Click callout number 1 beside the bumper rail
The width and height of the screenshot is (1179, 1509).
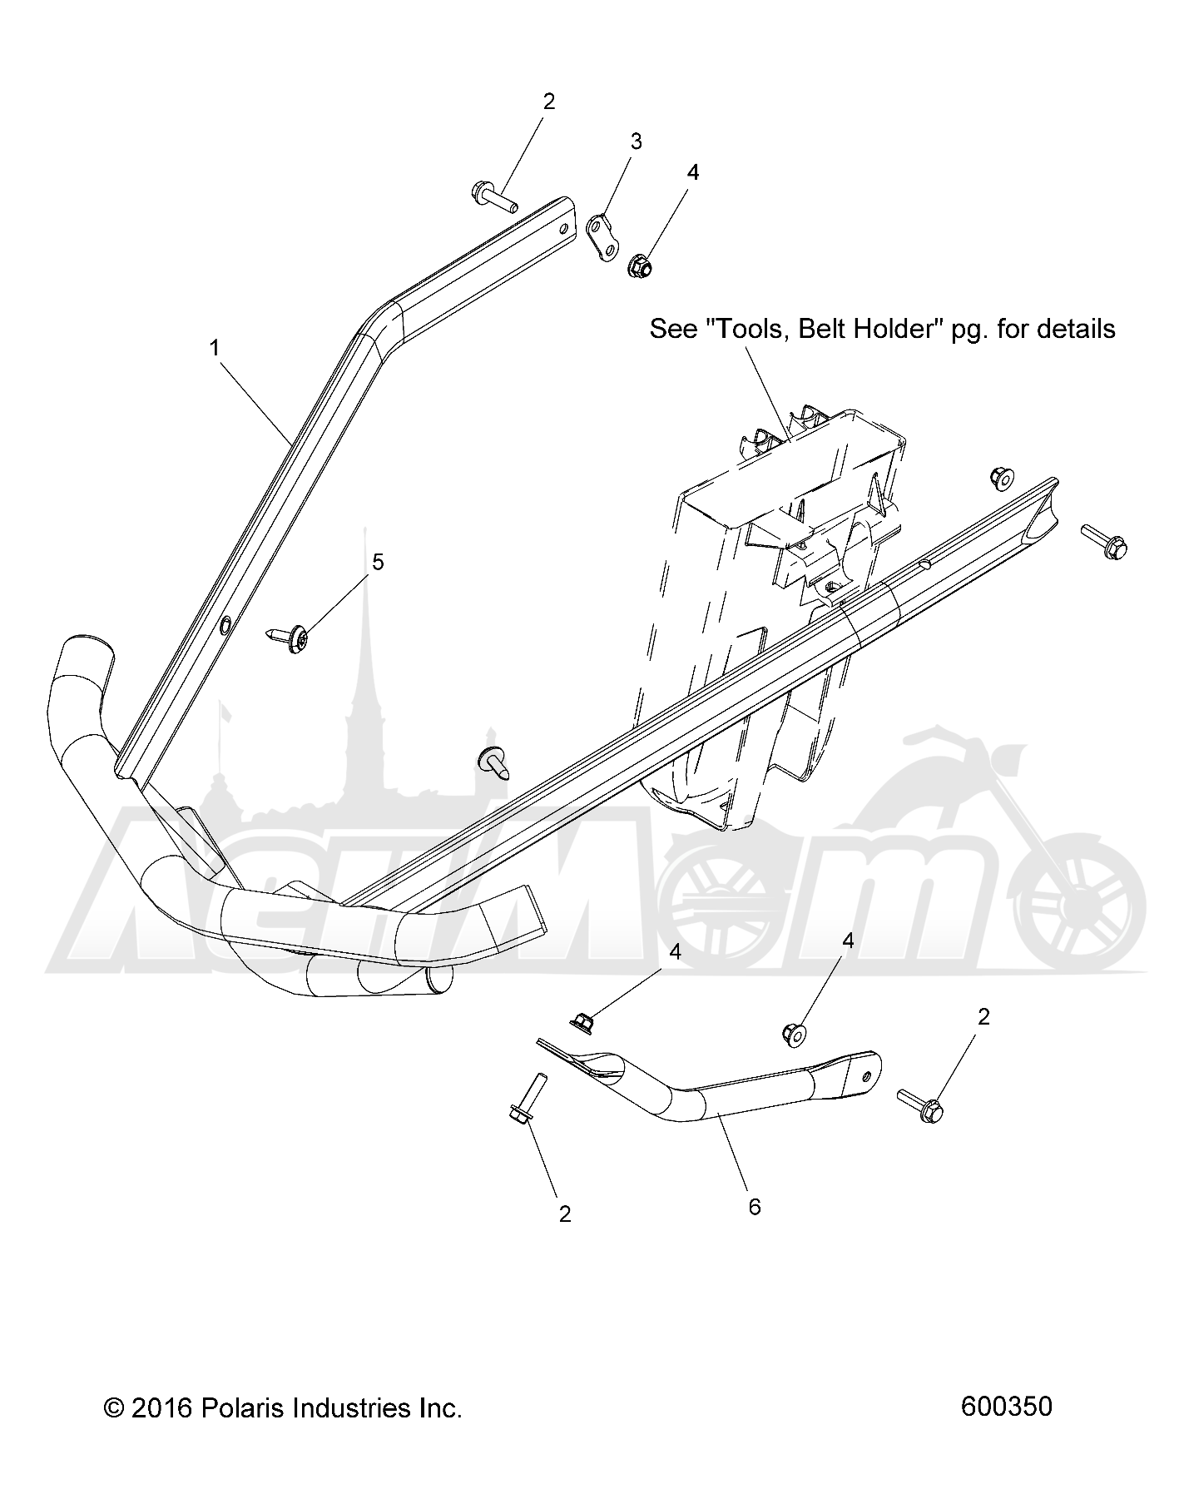[x=215, y=349]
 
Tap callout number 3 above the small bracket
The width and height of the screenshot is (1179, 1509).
[x=636, y=141]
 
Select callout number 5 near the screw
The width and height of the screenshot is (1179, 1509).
[x=378, y=563]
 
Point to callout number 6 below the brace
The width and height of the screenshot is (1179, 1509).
[x=755, y=1207]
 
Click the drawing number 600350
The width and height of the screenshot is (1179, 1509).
[x=1006, y=1407]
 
